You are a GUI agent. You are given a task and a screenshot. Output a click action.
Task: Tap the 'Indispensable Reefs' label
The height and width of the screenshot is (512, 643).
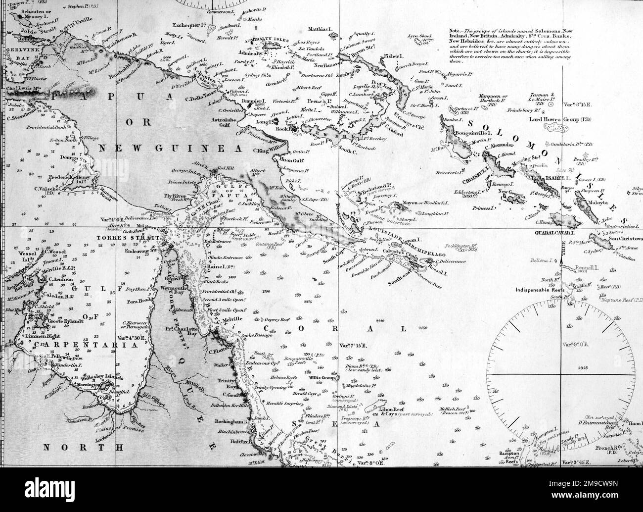coord(540,291)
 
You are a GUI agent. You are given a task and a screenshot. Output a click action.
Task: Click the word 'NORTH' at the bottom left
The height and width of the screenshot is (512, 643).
coord(83,448)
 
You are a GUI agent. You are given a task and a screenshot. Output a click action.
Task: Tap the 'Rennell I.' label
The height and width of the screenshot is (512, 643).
coord(586,267)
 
